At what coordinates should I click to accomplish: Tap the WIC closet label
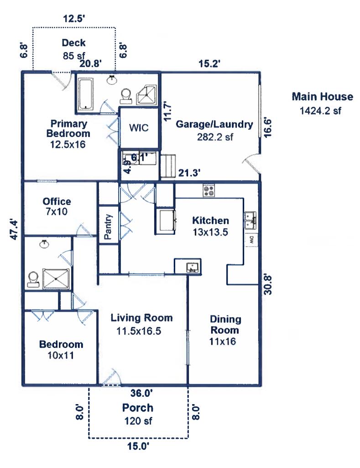139,127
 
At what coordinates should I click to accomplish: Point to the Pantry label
108,227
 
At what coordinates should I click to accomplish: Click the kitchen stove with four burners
209,190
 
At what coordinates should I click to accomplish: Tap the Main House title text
322,97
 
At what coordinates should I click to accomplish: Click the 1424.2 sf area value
320,110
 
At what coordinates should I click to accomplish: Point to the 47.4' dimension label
14,229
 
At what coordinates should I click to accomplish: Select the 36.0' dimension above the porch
142,392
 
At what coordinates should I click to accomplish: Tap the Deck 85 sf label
74,49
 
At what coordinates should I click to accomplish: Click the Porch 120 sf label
137,414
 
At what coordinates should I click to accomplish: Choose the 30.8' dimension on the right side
268,284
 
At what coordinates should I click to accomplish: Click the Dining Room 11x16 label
225,330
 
